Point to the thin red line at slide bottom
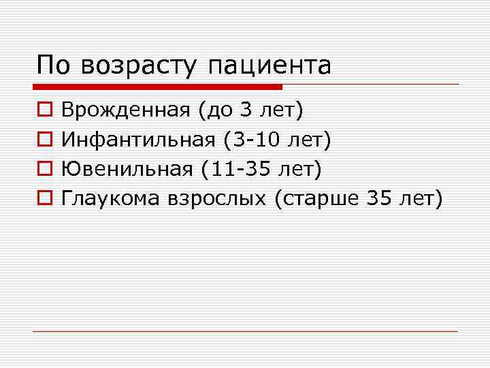click(x=245, y=331)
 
